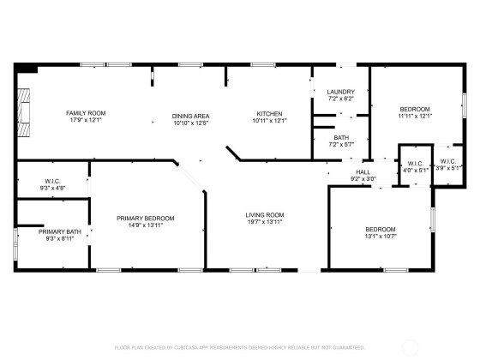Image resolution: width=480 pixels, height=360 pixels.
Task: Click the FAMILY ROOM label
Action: tap(86, 113)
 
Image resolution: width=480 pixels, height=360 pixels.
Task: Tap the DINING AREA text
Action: tap(190, 116)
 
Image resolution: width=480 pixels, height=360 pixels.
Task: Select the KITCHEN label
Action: tap(269, 113)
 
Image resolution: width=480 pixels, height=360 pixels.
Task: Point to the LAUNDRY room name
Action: tap(341, 92)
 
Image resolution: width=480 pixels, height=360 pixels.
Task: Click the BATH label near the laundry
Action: tap(341, 137)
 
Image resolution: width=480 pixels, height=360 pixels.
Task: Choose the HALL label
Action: tap(363, 172)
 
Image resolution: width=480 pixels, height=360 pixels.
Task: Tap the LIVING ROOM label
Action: tap(265, 215)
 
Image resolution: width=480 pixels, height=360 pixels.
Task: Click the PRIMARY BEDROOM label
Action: tap(146, 219)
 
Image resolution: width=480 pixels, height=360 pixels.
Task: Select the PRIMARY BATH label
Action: tap(60, 231)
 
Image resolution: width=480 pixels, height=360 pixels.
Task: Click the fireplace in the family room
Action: tap(24, 112)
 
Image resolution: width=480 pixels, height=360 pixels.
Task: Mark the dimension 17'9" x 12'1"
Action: tap(86, 120)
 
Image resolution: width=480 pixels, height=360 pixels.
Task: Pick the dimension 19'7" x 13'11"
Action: tap(265, 222)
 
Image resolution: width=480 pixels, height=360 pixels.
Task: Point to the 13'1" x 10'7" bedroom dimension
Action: tap(381, 236)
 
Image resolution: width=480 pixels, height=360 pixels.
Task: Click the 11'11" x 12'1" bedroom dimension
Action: tap(415, 116)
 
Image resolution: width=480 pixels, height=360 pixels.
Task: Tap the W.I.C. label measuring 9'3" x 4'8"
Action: tap(52, 181)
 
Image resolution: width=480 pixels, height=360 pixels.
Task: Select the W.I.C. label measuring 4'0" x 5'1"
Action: tap(416, 164)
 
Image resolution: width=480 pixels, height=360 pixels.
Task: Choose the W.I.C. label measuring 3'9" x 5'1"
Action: tap(448, 161)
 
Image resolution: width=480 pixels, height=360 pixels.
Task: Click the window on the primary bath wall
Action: tap(15, 244)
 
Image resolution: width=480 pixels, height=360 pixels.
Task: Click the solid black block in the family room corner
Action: tap(27, 69)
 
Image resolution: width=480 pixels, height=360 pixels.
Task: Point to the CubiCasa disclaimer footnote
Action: tap(240, 347)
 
